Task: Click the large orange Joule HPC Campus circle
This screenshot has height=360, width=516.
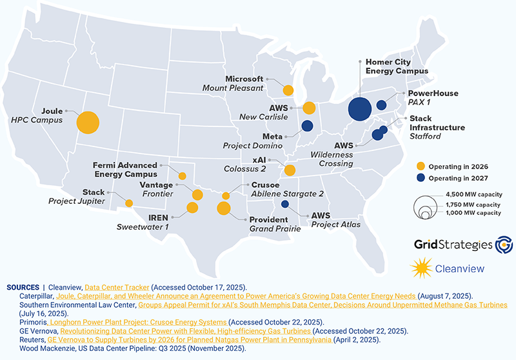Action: [88, 122]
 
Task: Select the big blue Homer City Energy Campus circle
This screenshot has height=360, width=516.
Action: [359, 108]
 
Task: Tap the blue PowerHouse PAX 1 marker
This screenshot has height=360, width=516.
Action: [381, 105]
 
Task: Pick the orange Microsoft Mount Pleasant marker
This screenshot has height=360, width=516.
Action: [288, 90]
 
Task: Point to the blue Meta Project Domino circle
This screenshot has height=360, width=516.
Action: [308, 126]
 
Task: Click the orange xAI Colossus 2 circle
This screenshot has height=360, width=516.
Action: [290, 170]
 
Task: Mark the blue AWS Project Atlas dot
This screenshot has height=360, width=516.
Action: [285, 205]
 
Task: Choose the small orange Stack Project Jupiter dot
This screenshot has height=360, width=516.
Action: [129, 203]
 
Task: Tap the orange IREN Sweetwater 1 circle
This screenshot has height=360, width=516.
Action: [192, 208]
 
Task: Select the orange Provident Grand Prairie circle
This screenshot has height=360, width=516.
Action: [224, 208]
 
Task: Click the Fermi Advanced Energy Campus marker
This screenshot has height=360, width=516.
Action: [183, 176]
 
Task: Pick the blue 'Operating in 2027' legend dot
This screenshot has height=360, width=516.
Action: [421, 177]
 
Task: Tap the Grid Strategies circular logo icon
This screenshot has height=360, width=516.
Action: [501, 245]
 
